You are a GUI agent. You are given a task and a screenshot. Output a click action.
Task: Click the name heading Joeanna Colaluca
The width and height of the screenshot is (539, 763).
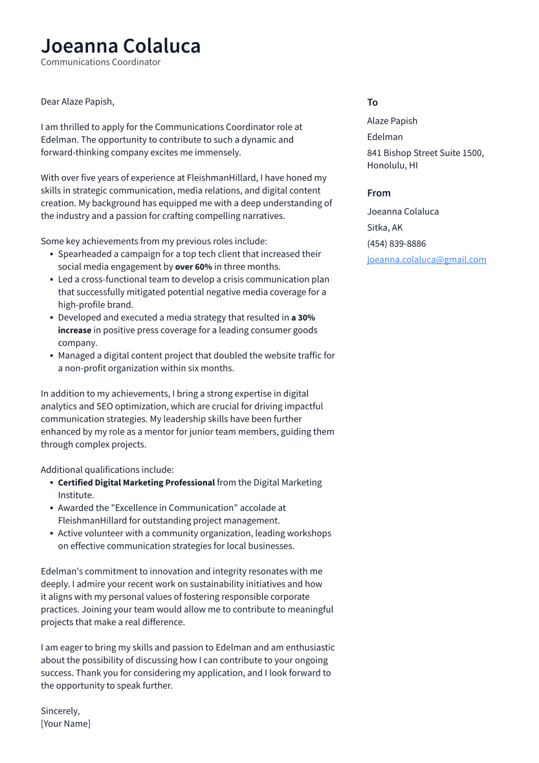click(120, 46)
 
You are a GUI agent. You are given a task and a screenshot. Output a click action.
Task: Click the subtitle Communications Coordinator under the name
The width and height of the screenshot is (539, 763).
click(100, 62)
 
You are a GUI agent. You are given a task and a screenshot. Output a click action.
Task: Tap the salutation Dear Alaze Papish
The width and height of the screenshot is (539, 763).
click(77, 102)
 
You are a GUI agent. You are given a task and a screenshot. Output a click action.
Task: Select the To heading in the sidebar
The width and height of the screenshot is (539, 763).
click(372, 102)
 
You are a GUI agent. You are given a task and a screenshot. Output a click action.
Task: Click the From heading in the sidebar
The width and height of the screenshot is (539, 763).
click(379, 193)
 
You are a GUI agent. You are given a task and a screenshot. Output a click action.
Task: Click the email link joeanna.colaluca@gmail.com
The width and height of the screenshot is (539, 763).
click(426, 260)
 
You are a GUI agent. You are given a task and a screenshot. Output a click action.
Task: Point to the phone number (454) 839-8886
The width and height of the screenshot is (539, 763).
click(396, 244)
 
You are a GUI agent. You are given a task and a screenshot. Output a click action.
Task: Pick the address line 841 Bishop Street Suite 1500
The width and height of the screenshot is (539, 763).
click(425, 153)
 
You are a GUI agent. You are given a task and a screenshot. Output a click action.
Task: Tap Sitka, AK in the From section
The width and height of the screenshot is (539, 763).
click(384, 227)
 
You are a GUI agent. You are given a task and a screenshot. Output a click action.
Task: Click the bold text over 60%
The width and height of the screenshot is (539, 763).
click(193, 267)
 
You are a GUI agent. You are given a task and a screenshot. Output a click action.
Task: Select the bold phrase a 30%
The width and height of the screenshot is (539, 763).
click(303, 318)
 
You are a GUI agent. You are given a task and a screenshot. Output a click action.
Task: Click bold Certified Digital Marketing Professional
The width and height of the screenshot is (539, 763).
click(136, 483)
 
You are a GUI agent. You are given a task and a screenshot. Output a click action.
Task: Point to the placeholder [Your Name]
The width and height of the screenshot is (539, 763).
click(65, 723)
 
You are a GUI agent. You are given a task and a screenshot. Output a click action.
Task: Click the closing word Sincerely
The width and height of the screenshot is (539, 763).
click(60, 711)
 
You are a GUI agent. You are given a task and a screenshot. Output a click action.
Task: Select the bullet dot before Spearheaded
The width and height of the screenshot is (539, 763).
click(51, 255)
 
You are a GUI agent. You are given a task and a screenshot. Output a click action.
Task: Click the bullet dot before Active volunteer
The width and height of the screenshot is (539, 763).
click(51, 534)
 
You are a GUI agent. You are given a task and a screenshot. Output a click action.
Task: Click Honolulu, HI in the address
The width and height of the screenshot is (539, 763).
click(392, 165)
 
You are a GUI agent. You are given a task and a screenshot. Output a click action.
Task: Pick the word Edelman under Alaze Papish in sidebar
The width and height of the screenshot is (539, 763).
click(384, 137)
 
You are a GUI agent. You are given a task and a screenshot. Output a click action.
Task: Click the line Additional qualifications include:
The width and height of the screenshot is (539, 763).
click(107, 470)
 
